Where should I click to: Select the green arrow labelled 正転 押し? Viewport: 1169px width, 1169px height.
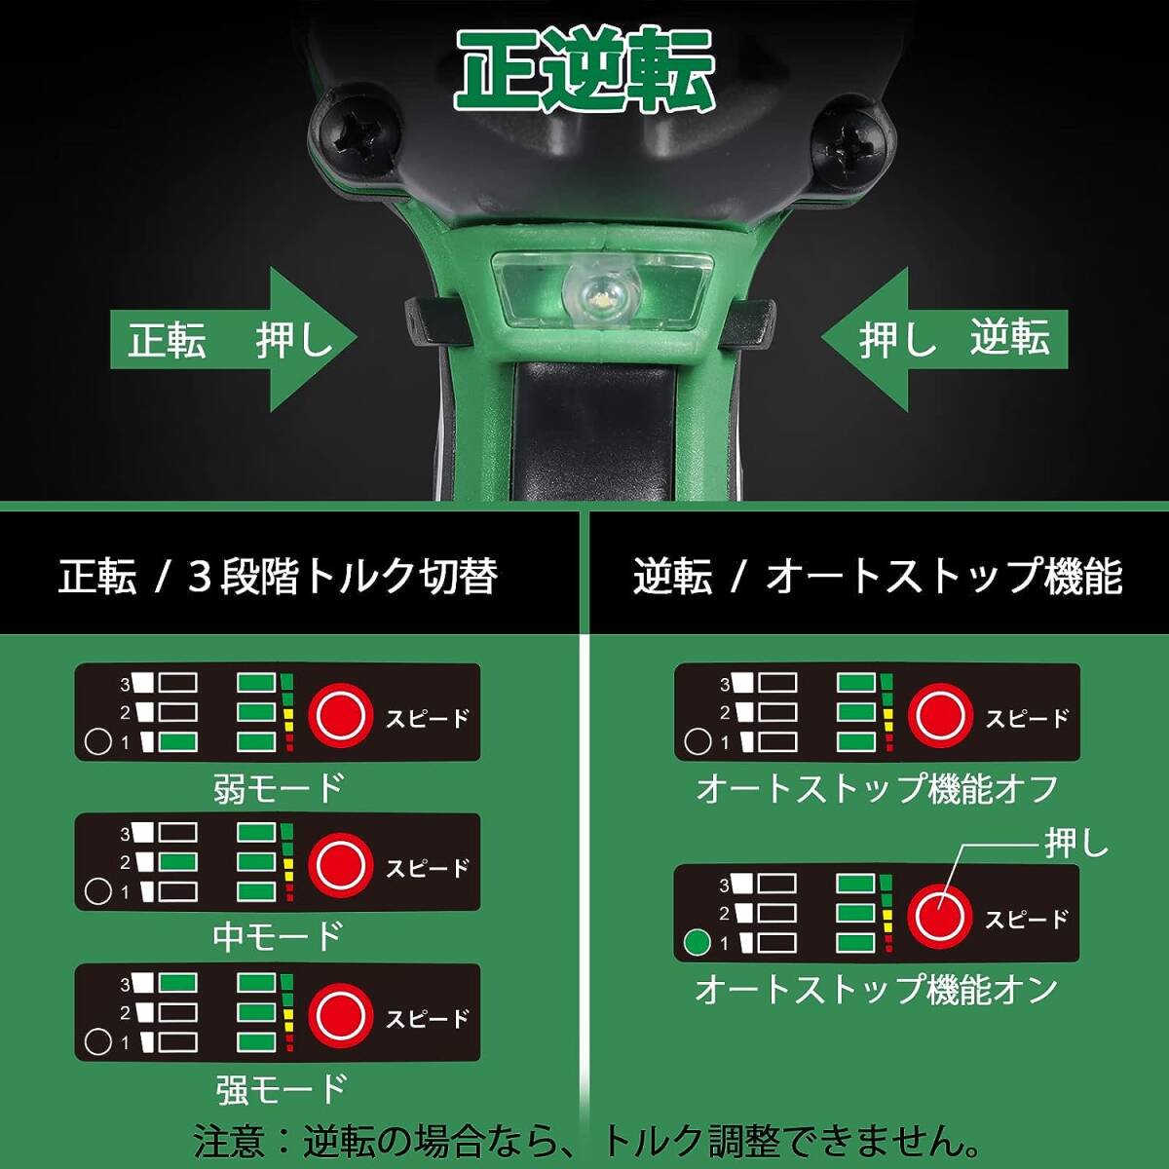234,340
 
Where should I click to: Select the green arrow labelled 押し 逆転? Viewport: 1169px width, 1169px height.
943,340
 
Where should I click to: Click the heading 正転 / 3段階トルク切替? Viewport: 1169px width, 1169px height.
278,576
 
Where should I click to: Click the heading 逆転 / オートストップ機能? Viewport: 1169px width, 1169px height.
877,576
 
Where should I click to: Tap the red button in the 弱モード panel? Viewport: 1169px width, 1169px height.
341,715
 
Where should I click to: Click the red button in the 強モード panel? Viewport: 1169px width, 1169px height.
341,1015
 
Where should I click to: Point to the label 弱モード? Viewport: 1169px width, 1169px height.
279,788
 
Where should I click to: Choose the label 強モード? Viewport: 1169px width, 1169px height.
281,1088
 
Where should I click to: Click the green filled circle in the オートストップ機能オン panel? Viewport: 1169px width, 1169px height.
698,942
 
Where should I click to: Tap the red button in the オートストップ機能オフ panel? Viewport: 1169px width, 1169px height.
940,715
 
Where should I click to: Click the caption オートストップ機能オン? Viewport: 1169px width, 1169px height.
876,990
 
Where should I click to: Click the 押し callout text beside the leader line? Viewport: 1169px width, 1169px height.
1076,844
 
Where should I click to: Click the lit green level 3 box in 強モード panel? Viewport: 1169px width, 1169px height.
177,983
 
